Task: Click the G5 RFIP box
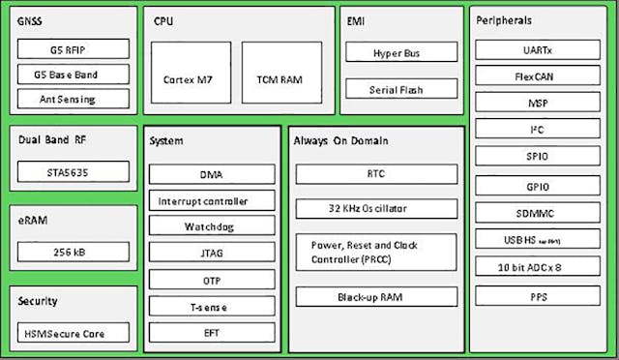point(74,49)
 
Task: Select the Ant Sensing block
point(74,99)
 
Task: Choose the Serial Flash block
point(400,89)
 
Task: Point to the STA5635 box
point(74,173)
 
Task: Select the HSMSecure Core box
point(74,334)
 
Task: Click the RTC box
point(375,174)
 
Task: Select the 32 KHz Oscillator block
point(375,208)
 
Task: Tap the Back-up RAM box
point(375,297)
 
